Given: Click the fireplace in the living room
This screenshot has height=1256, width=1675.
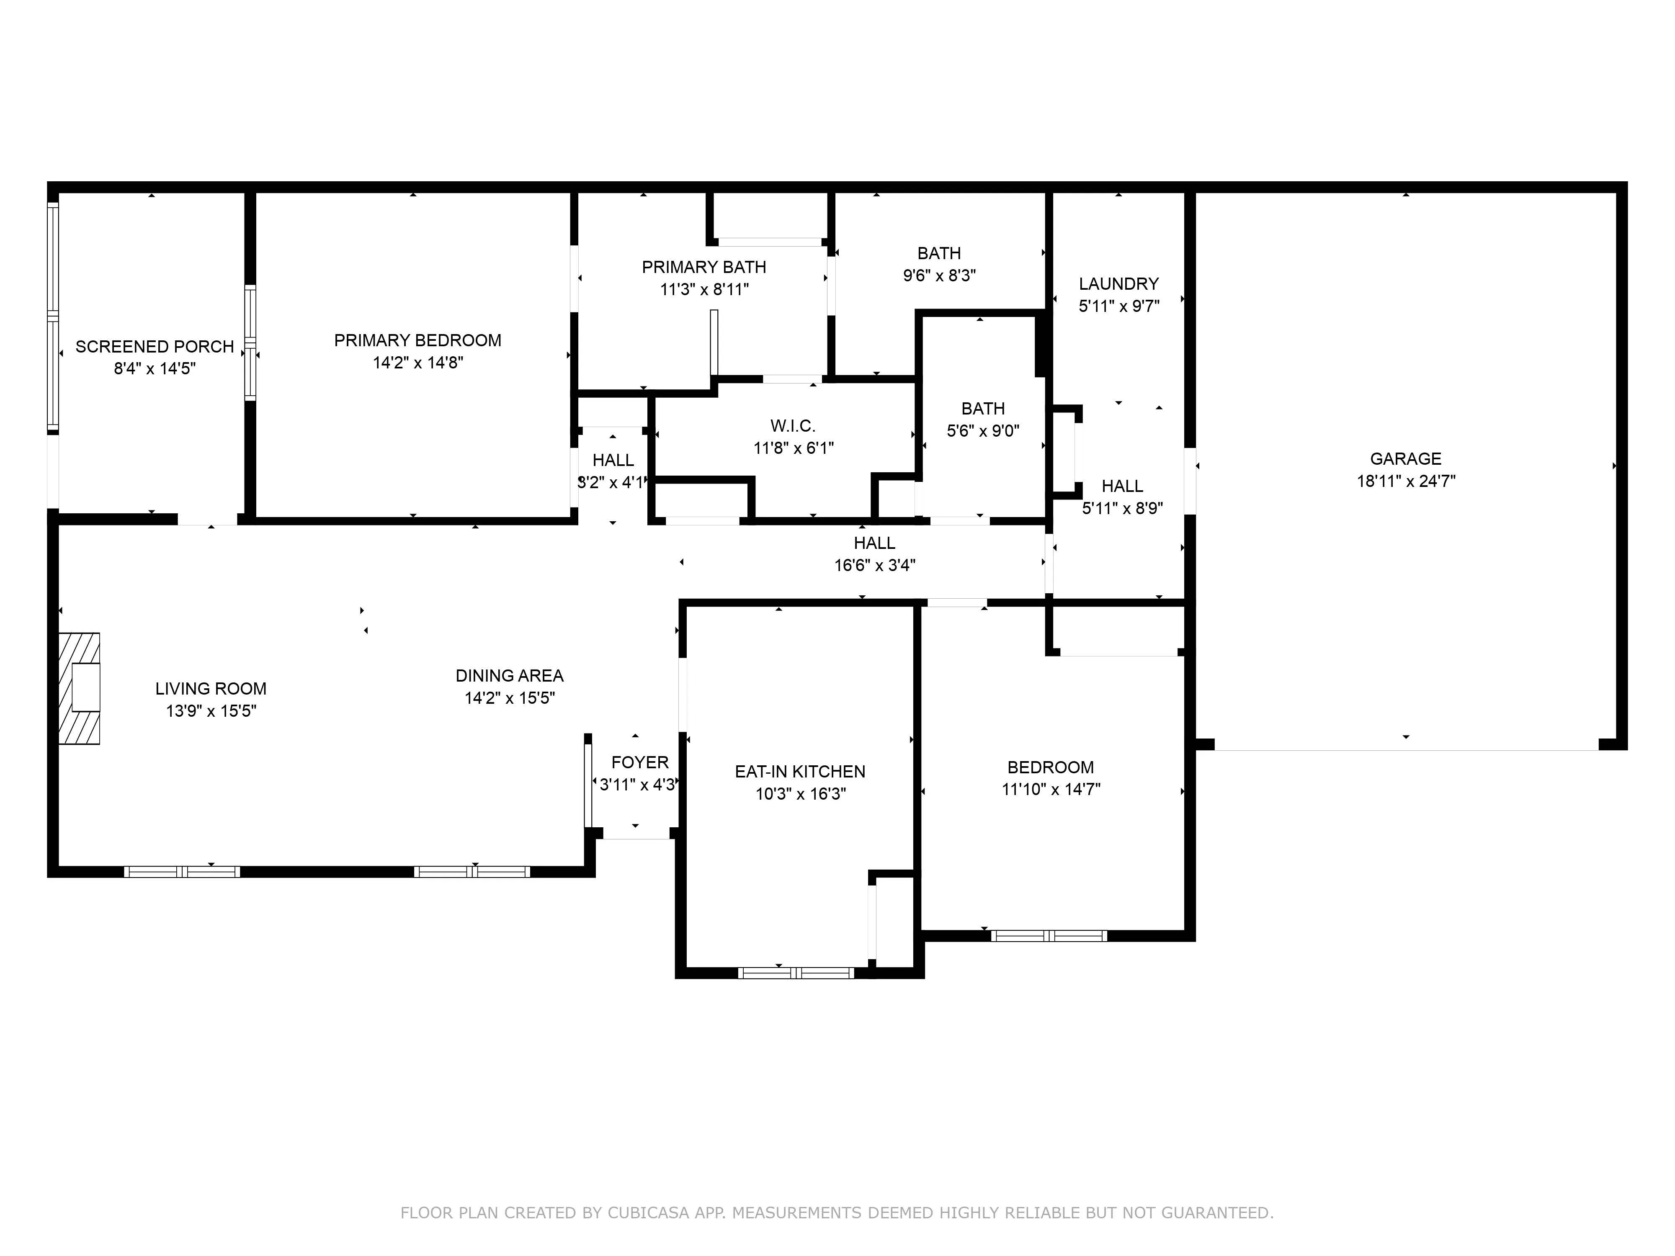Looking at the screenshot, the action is coord(80,688).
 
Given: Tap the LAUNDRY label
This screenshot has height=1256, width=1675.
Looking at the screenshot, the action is coord(1118,284).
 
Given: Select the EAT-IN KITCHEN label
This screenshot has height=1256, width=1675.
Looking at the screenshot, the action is coord(800,772).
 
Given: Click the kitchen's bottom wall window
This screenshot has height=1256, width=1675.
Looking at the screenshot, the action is coord(796,973).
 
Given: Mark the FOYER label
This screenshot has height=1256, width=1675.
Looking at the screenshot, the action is coord(640,762).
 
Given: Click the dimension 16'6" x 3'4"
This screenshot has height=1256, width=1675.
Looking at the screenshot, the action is coord(875,565).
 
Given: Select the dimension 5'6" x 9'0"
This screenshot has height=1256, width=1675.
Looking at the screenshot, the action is coord(983,431).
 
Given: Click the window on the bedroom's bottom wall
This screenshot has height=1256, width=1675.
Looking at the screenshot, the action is coord(1049,936).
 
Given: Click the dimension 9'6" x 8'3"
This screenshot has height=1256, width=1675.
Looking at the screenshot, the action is coord(939,275).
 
